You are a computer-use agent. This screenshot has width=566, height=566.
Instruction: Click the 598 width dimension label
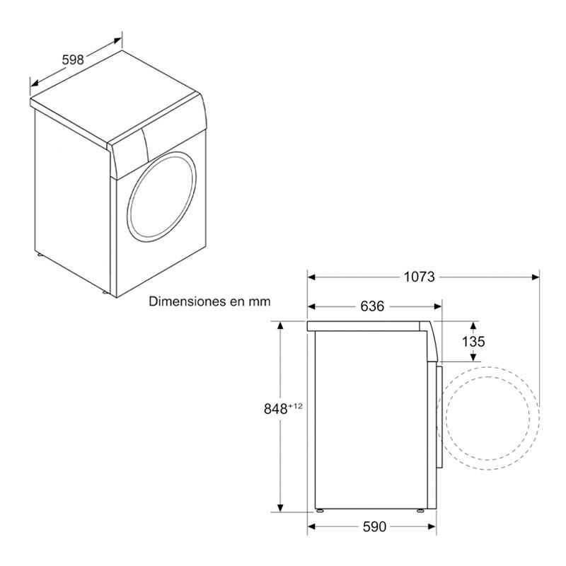tap(73, 60)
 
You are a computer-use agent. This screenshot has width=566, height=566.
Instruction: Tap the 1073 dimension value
tap(419, 277)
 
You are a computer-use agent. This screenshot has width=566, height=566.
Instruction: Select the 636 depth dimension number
tap(371, 306)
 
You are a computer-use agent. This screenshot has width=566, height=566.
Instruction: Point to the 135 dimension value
tap(473, 341)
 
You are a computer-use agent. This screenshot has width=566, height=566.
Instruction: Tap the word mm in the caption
tap(260, 301)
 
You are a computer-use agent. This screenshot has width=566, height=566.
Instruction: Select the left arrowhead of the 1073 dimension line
tap(311, 277)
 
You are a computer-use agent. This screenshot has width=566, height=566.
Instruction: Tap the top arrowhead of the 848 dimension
tap(282, 324)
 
